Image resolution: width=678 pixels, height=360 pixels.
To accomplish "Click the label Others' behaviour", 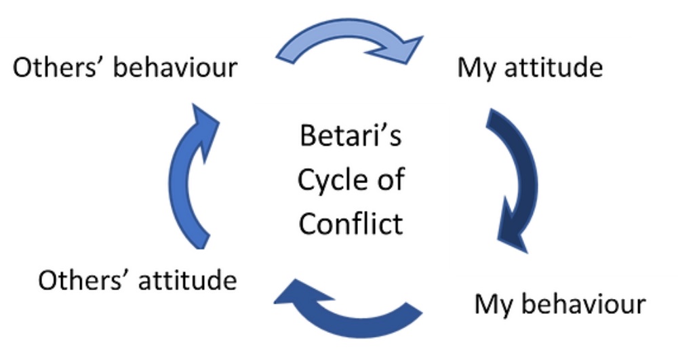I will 125,68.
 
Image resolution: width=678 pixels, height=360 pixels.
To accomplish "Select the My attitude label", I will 530,68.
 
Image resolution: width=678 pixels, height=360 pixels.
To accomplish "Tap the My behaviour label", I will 559,304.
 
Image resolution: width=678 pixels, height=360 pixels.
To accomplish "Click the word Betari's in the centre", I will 351,137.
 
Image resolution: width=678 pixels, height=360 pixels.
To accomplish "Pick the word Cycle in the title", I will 328,180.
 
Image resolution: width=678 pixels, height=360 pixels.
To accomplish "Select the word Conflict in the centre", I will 351,222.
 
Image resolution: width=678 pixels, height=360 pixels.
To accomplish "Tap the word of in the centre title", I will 389,180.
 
